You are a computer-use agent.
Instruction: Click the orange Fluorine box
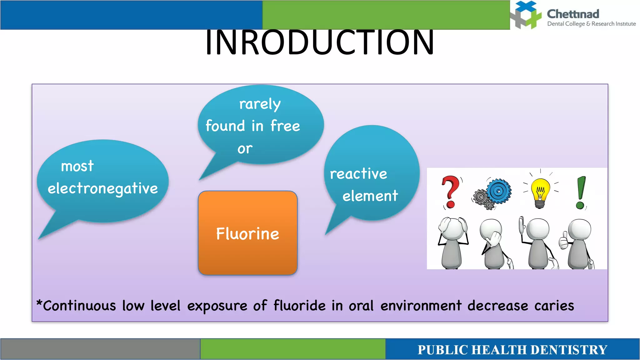click(247, 233)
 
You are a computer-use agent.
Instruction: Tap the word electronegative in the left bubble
click(102, 188)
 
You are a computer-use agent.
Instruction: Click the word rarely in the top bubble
click(260, 104)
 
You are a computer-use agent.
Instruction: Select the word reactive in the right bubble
click(358, 174)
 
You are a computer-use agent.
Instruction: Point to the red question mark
click(450, 191)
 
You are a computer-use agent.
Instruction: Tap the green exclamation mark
click(581, 192)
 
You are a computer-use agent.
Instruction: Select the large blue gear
click(499, 191)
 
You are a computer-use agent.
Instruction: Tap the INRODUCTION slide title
click(319, 42)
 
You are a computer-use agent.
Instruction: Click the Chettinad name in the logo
click(573, 14)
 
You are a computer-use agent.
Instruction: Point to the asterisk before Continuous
click(39, 303)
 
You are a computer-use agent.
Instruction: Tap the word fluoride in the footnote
click(299, 306)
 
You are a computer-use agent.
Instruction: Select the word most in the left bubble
click(77, 166)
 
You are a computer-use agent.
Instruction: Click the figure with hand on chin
click(493, 242)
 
